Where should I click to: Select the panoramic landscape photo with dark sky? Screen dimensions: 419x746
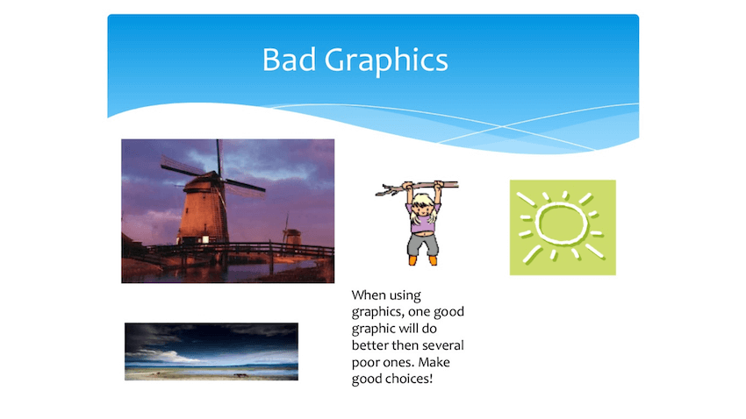(211, 352)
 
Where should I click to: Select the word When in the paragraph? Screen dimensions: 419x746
(370, 296)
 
